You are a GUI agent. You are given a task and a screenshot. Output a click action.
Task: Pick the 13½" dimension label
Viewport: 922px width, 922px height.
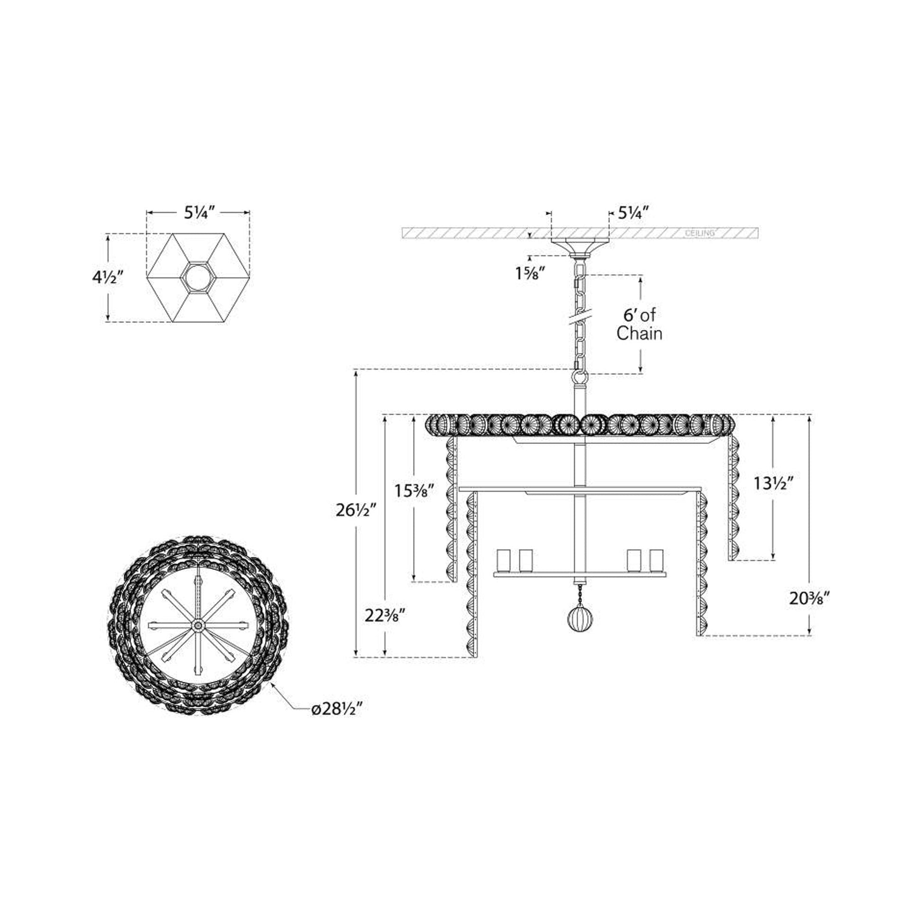(x=774, y=483)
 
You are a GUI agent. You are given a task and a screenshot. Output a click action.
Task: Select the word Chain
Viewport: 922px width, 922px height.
(x=640, y=334)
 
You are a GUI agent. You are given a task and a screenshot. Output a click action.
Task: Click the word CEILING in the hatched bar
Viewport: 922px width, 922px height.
(x=700, y=234)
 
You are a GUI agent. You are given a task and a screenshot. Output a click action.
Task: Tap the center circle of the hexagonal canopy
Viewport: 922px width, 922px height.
(x=198, y=277)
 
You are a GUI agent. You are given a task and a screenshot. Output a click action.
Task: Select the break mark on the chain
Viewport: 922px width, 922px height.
(x=580, y=317)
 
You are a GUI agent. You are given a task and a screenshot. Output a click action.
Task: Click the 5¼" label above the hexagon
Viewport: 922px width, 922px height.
(x=198, y=213)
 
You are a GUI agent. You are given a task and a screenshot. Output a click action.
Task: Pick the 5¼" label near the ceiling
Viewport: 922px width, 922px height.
(x=633, y=213)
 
